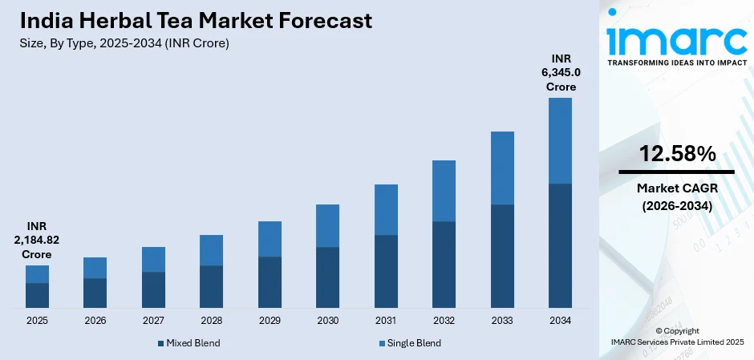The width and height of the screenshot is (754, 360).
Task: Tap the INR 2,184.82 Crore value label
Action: pos(37,240)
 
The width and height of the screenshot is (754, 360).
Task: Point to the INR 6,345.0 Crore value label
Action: pos(561,72)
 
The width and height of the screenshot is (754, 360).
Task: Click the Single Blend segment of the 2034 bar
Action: pos(560,140)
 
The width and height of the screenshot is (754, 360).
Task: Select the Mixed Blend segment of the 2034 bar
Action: pos(560,245)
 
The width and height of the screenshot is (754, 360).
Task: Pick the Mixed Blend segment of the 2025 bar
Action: pos(37,295)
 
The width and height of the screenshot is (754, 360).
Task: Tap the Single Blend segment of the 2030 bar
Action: pos(327,225)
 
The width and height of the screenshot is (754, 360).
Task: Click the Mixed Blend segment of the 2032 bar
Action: pos(444,264)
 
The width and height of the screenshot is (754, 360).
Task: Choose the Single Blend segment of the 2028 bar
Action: pos(211,250)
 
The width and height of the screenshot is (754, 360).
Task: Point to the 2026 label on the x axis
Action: pos(95,321)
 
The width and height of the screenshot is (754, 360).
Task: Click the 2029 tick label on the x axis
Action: pos(270,321)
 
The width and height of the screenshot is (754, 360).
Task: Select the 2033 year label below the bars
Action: pos(502,321)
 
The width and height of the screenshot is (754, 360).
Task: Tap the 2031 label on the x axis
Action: pos(386,321)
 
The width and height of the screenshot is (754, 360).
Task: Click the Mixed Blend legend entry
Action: pos(188,343)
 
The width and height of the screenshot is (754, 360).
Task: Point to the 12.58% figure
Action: pos(676,155)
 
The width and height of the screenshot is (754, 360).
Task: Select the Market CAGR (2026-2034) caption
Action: pos(676,197)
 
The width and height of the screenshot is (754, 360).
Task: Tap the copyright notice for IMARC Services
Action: pos(676,336)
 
